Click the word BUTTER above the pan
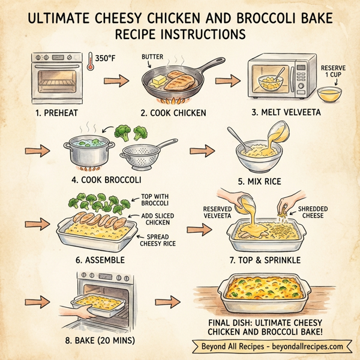coord(152,57)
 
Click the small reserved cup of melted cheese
coord(329,93)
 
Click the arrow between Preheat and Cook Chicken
coord(121,80)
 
